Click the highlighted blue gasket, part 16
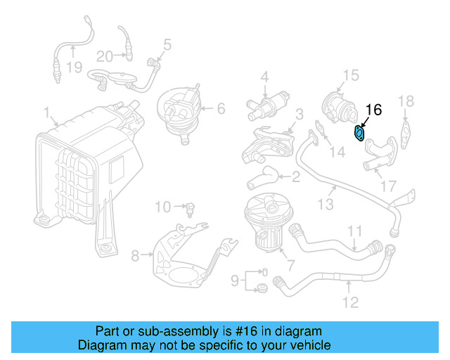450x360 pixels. click(359, 133)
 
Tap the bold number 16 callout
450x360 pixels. click(374, 110)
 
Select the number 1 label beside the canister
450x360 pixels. click(46, 112)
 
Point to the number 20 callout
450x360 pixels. click(104, 56)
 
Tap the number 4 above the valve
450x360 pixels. click(265, 76)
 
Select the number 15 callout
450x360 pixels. click(350, 75)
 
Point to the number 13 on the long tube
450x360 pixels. click(324, 205)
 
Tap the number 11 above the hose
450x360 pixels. click(355, 230)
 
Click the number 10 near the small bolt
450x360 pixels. click(162, 207)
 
